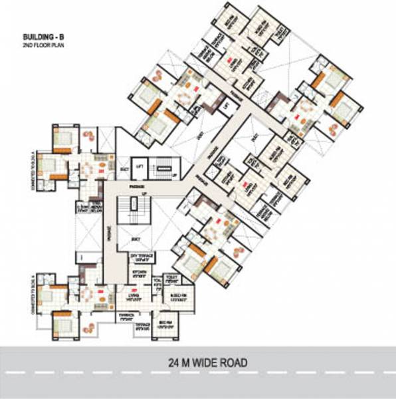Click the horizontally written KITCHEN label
pyautogui.click(x=140, y=272)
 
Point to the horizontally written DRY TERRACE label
pyautogui.click(x=140, y=257)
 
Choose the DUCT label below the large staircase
pyautogui.click(x=132, y=237)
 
